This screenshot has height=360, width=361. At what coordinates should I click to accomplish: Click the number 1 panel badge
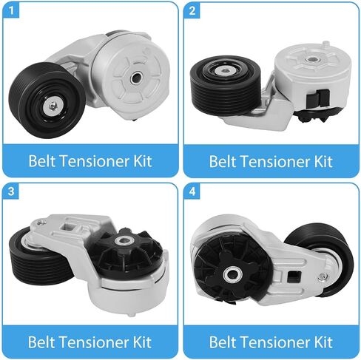pyautogui.click(x=11, y=10)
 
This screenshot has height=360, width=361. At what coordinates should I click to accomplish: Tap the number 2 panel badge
pyautogui.click(x=192, y=10)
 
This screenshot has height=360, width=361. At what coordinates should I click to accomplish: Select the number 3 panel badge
pyautogui.click(x=11, y=191)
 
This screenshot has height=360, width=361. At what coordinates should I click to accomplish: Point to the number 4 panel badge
pyautogui.click(x=192, y=191)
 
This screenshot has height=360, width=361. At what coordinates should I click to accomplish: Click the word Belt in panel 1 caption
pyautogui.click(x=43, y=161)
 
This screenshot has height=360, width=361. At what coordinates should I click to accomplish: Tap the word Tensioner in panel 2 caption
pyautogui.click(x=271, y=161)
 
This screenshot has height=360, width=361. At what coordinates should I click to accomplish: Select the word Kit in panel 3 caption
pyautogui.click(x=142, y=342)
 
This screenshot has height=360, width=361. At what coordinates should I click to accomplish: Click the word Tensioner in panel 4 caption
pyautogui.click(x=271, y=342)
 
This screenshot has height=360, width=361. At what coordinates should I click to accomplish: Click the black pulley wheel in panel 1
pyautogui.click(x=47, y=100)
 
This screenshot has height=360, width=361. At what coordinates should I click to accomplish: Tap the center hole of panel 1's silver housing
pyautogui.click(x=135, y=78)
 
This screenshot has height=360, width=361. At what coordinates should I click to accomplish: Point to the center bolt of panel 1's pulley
pyautogui.click(x=53, y=106)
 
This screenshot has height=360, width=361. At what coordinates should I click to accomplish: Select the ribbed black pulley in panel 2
pyautogui.click(x=226, y=84)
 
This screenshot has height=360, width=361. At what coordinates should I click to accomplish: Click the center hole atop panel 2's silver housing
pyautogui.click(x=313, y=59)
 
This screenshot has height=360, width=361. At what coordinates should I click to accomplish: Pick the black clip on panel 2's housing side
pyautogui.click(x=318, y=98)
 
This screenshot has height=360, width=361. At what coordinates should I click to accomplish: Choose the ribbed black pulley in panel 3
pyautogui.click(x=39, y=257)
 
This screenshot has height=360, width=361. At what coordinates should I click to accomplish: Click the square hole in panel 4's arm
pyautogui.click(x=293, y=276)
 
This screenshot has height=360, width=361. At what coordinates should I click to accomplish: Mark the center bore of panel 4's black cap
pyautogui.click(x=231, y=273)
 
